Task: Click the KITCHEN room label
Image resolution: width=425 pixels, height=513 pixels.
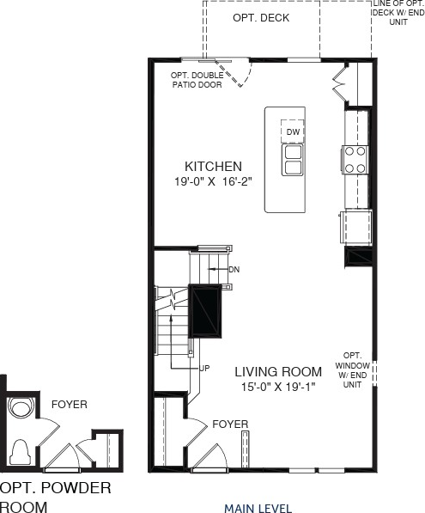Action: [x=213, y=166]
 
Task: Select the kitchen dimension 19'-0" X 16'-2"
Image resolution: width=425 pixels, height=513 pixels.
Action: [x=213, y=181]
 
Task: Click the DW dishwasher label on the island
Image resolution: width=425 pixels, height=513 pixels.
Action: [x=293, y=131]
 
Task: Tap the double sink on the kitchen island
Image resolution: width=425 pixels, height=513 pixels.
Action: [x=293, y=158]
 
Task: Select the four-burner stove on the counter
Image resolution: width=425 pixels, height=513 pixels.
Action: [x=355, y=159]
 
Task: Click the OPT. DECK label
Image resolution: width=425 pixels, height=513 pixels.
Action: [x=261, y=18]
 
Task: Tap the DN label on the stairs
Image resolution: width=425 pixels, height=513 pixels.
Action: [x=234, y=269]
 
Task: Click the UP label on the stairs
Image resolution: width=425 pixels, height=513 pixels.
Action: [x=204, y=368]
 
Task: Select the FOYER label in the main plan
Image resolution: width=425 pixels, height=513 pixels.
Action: [x=230, y=424]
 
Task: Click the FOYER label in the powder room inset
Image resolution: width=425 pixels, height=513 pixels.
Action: [x=69, y=404]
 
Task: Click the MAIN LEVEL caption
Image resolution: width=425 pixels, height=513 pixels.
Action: [x=258, y=508]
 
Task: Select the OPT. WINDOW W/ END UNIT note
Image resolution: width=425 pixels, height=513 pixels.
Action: [x=352, y=369]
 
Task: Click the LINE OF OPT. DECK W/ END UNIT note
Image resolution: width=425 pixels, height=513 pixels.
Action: [x=398, y=14]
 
